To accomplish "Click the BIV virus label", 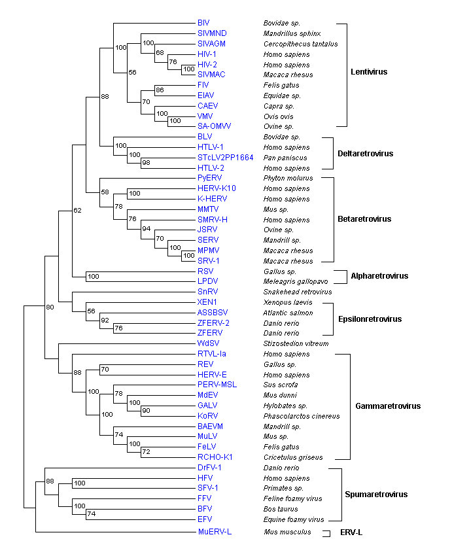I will [203, 23].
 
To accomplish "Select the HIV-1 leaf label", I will [207, 54].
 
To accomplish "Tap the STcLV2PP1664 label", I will [225, 158].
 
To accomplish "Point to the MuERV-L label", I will [215, 532].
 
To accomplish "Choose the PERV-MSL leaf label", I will [216, 385].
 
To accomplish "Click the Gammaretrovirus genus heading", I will [388, 406].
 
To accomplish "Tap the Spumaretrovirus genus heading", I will [376, 495].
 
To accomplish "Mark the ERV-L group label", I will [351, 532].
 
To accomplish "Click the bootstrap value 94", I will [147, 230].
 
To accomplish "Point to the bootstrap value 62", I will [78, 210].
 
